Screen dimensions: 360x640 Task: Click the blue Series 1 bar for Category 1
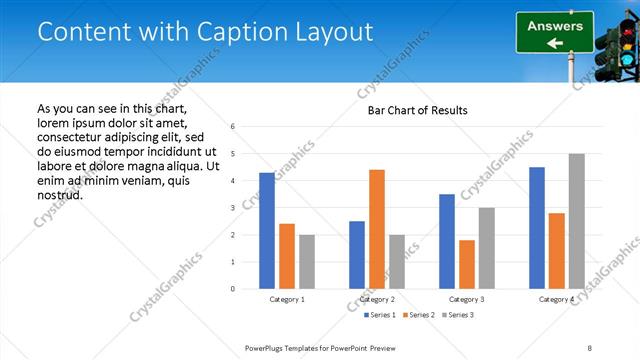coord(267,231)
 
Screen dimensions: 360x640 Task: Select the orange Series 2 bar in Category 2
coord(376,229)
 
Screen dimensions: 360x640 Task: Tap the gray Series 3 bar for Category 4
coord(576,221)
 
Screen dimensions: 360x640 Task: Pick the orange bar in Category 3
coord(466,264)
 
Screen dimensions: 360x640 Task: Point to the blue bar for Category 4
coord(537,228)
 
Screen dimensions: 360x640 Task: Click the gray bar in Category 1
coord(306,262)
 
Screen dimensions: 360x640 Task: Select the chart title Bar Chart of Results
coord(411,110)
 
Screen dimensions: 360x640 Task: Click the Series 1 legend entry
coord(378,315)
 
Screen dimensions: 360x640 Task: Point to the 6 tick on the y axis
coord(232,127)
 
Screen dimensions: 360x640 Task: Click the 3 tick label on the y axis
coord(232,208)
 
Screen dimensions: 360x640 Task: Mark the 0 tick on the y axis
coord(232,289)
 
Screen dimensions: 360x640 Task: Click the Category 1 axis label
coord(287,299)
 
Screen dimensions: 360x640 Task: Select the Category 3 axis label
coord(467,299)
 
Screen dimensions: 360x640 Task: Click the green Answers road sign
coord(555,32)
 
